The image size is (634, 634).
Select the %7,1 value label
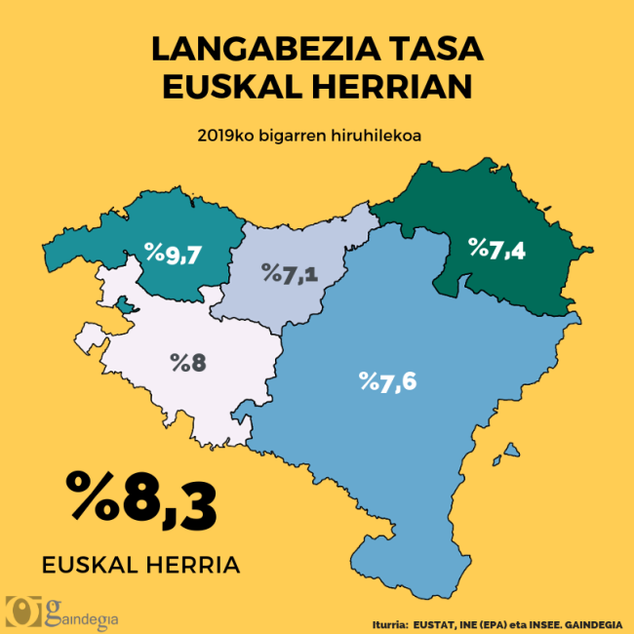click(x=290, y=273)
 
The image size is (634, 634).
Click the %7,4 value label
click(x=496, y=250)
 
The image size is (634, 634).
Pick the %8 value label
click(x=187, y=363)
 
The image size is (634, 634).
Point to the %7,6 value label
click(x=387, y=380)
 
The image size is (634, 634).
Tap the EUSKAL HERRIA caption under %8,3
click(x=140, y=565)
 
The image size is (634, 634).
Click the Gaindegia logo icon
click(x=22, y=611)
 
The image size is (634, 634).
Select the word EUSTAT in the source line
click(x=436, y=621)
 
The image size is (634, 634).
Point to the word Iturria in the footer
click(x=389, y=621)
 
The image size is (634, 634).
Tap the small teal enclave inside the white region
click(x=124, y=307)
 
